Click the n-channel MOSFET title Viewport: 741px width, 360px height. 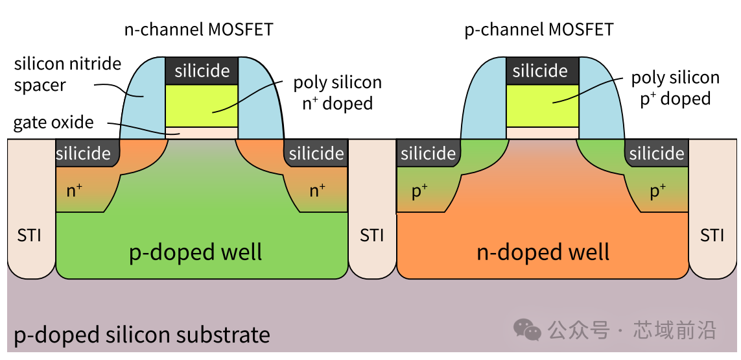[198, 29]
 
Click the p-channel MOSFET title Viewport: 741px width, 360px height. [539, 29]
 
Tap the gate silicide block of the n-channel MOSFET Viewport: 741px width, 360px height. [202, 71]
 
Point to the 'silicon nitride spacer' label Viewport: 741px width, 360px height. [67, 74]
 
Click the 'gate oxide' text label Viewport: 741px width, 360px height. [53, 123]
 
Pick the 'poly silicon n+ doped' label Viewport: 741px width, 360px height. [337, 92]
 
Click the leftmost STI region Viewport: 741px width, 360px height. [30, 234]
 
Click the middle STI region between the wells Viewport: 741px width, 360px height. [371, 234]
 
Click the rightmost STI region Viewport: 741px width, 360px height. [712, 234]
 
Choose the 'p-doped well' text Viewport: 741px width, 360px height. [196, 252]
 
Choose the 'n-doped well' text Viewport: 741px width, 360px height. [543, 252]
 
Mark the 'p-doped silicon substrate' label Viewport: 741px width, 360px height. [142, 335]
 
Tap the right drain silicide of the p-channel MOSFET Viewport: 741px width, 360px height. [656, 154]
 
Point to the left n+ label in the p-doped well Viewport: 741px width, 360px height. [75, 191]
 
